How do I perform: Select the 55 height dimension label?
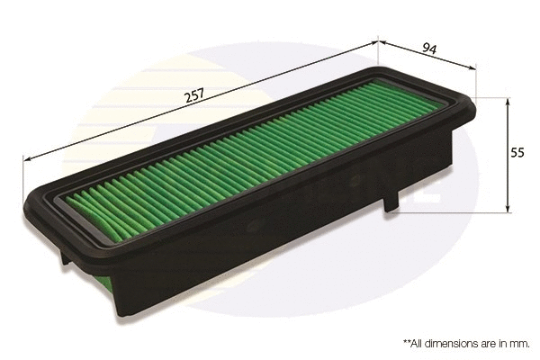pos(517,153)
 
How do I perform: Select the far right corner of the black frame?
pos(474,98)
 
